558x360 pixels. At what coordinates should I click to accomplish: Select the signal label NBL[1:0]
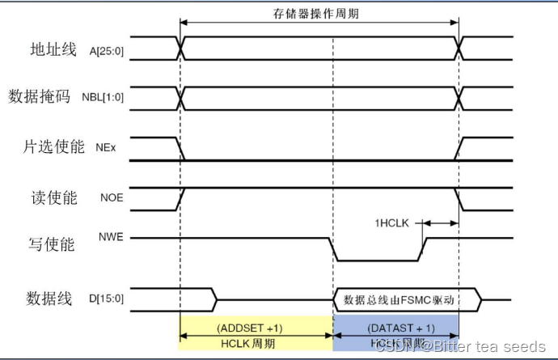tap(104, 99)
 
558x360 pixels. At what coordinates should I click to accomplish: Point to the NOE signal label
tap(111, 197)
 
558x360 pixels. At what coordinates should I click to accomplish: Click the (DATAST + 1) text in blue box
tap(396, 328)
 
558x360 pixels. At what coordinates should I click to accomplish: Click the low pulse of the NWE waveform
tap(377, 259)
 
